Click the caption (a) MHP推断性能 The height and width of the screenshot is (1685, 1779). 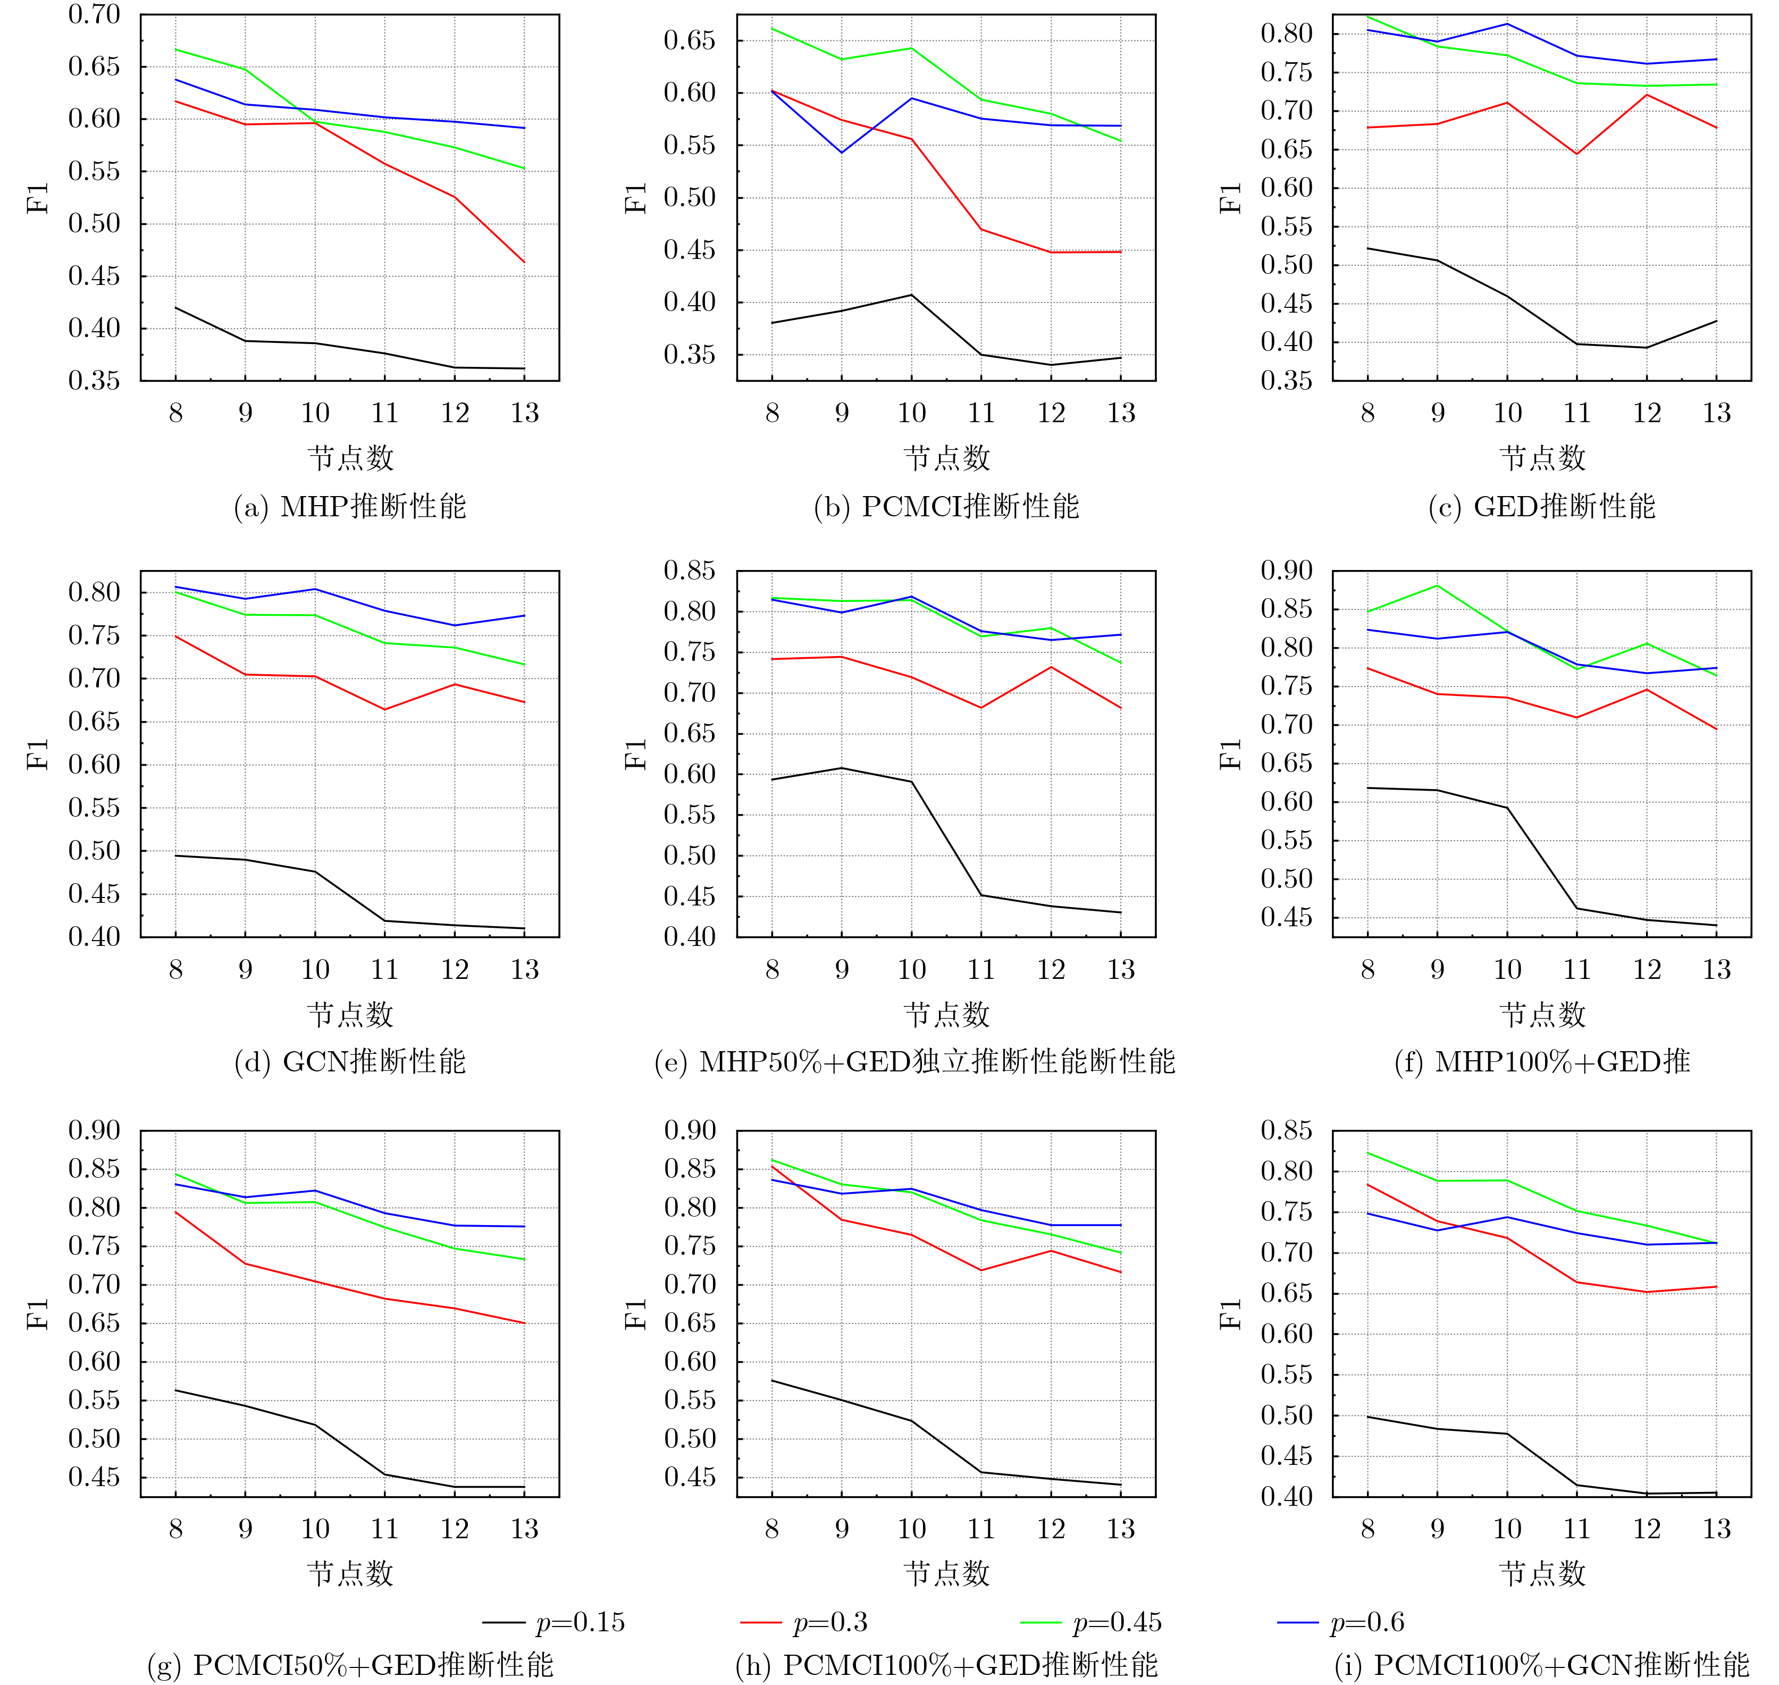point(350,507)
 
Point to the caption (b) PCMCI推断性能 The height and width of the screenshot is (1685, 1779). point(946,507)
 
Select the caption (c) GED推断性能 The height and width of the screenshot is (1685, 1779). point(1542,507)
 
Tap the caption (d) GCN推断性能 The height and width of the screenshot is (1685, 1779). point(350,1062)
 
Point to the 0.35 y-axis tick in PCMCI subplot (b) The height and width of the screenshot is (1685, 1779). point(690,355)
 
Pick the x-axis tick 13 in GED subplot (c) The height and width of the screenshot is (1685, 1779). point(1716,413)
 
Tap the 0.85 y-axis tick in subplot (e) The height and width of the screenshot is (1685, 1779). point(690,571)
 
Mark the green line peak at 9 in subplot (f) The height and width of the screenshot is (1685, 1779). point(1437,585)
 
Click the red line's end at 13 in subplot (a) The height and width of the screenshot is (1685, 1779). point(524,262)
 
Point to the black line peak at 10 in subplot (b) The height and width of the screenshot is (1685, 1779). point(911,295)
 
